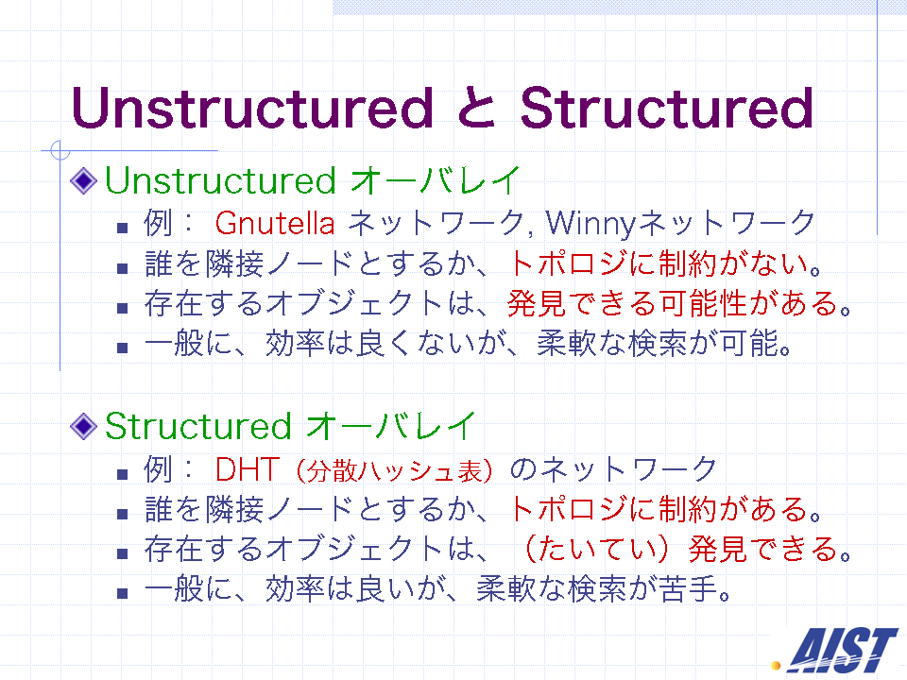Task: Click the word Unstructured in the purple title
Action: point(252,108)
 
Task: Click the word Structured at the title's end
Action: point(667,108)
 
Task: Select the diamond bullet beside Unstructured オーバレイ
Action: point(83,180)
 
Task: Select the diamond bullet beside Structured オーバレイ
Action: point(83,426)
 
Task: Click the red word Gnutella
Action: point(275,223)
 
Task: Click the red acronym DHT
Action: point(248,469)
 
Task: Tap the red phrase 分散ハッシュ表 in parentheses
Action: point(395,470)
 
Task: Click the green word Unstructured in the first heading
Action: point(220,180)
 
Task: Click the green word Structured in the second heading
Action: point(197,426)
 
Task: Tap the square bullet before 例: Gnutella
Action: point(122,228)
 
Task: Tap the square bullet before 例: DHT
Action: point(122,475)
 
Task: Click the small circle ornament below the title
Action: point(60,151)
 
